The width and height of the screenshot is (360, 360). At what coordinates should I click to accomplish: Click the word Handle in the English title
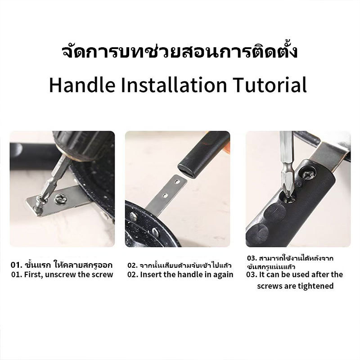82,85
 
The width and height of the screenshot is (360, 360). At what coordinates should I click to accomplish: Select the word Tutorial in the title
270,85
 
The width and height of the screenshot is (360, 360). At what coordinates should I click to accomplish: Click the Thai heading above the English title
180,52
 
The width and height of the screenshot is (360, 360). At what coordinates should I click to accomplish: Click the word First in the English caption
33,274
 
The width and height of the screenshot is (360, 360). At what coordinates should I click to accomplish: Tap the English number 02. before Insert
133,274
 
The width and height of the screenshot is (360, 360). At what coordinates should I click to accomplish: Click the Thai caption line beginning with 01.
62,265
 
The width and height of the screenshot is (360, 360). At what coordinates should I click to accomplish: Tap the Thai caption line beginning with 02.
179,265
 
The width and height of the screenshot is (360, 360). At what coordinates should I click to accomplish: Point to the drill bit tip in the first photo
37,206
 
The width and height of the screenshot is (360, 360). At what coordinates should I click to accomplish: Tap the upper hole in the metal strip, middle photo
177,181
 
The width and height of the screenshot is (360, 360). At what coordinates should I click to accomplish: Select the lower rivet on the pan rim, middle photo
155,232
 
